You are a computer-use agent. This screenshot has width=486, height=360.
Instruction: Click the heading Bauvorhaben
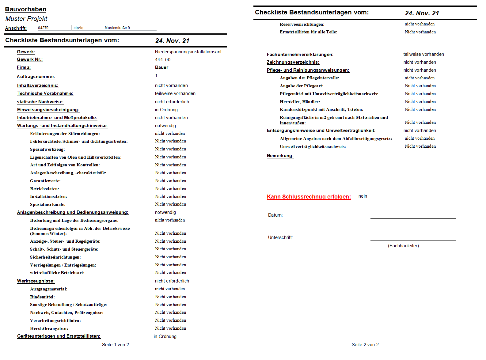(26, 9)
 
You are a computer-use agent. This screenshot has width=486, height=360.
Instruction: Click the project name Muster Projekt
(26, 19)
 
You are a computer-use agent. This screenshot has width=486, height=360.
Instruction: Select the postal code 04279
(43, 28)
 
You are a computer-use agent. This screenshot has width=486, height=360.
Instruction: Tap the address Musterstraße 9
(117, 28)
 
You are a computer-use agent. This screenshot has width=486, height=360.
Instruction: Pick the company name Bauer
(161, 67)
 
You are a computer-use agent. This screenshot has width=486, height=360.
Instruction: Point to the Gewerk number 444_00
(163, 60)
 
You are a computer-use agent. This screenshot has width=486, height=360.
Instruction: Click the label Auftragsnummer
(36, 77)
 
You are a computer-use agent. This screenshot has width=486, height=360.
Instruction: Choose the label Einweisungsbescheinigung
(48, 110)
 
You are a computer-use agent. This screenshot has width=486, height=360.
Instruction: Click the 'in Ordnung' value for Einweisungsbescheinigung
(166, 110)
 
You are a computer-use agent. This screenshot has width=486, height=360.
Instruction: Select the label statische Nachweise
(40, 102)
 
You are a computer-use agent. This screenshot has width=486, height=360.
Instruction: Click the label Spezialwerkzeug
(47, 149)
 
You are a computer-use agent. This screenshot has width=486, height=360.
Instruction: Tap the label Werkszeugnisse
(36, 281)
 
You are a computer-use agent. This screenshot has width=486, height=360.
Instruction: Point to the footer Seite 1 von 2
(116, 345)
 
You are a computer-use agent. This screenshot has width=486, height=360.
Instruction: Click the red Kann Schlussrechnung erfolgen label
(309, 197)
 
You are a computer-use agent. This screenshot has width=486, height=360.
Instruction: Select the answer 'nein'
(363, 196)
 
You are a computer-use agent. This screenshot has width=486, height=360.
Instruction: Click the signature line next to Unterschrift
(413, 240)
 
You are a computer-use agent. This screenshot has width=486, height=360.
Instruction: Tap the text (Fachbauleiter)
(403, 246)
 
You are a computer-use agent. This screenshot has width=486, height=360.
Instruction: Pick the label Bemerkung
(280, 156)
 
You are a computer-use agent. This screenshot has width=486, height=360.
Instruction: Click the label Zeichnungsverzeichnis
(293, 62)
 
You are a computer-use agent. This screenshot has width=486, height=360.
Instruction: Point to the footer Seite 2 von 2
(365, 345)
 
